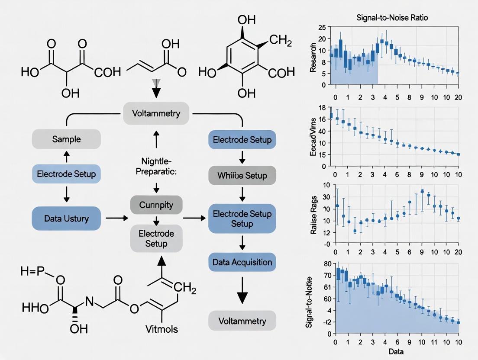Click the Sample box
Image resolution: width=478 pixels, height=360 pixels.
pos(66,139)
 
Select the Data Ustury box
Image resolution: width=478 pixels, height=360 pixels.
pos(66,218)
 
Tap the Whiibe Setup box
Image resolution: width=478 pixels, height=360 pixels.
pos(242,176)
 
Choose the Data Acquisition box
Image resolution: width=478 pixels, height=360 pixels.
pos(242,262)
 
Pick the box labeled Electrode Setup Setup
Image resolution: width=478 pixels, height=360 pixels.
pos(242,219)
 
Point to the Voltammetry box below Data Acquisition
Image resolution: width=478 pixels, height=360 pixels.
pos(242,321)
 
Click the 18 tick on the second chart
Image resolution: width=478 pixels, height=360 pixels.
pos(321,108)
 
